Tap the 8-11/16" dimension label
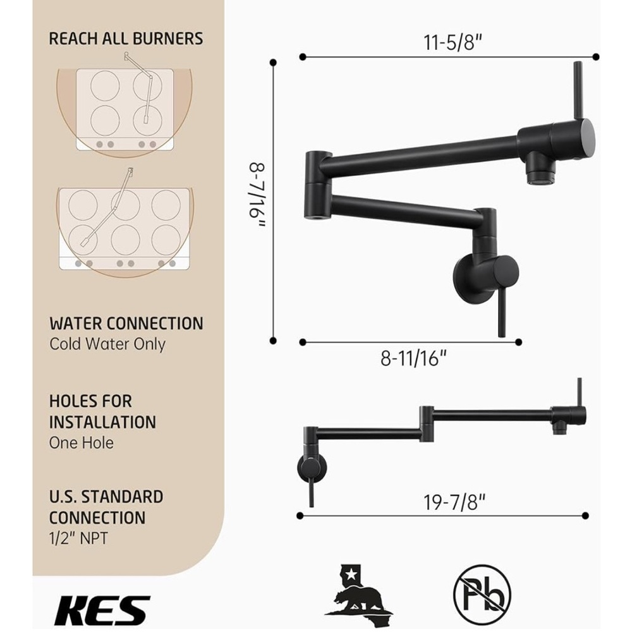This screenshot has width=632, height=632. [414, 358]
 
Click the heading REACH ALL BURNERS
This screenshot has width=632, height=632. [126, 38]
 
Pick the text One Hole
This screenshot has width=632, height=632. [82, 442]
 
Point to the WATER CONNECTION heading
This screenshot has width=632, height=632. [126, 324]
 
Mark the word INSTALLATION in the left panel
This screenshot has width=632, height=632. [102, 422]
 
